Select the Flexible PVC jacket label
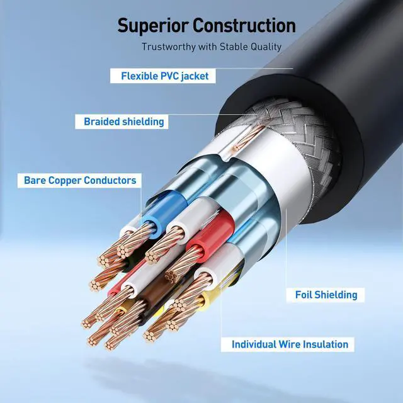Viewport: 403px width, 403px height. point(164,76)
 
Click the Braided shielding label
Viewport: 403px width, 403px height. point(123,122)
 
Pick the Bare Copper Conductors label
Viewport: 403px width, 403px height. point(80,181)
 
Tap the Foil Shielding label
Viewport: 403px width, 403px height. point(326,294)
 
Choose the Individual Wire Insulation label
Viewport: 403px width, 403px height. point(290,344)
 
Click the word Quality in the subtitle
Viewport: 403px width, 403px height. point(266,47)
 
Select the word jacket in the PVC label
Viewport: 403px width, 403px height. point(193,76)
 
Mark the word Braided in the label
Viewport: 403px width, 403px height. point(103,122)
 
